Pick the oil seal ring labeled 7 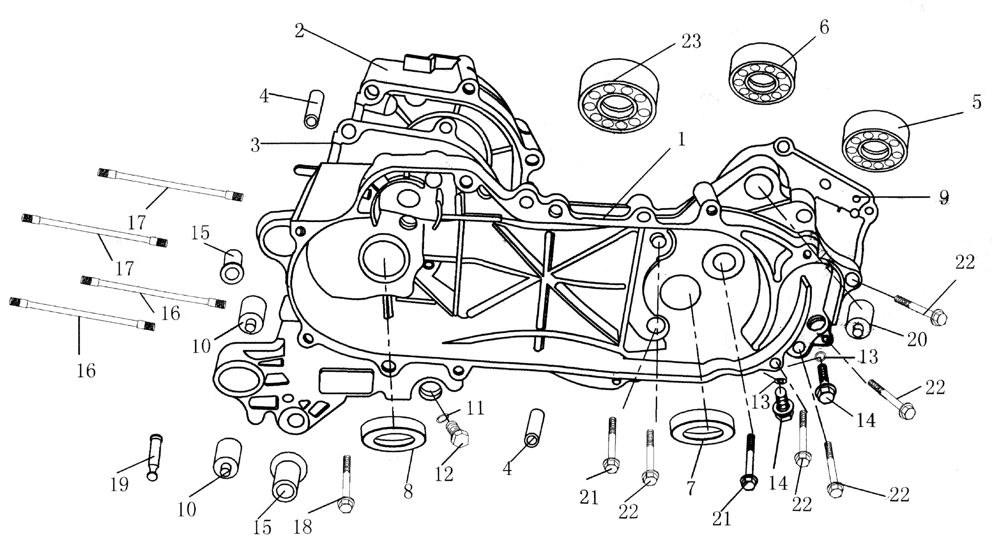point(702,426)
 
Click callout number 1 point(681,140)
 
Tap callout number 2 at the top point(300,31)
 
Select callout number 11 point(475,408)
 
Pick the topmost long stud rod point(170,185)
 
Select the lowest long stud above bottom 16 point(82,314)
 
